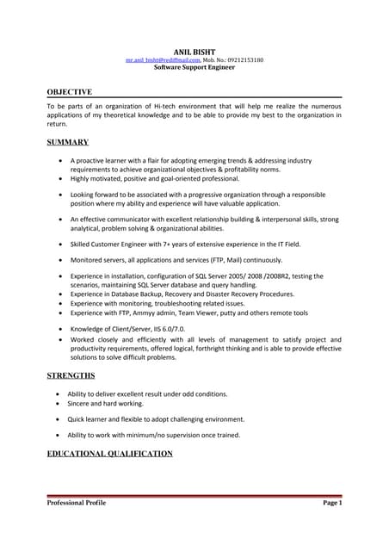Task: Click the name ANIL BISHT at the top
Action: [194, 53]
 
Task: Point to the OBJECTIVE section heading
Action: [69, 91]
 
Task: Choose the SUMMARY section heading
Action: [67, 141]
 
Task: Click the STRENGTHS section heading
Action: [72, 376]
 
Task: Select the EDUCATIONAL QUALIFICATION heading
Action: [109, 453]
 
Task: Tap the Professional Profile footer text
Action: [77, 503]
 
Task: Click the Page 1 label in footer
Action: [332, 503]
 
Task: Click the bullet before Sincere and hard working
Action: [59, 403]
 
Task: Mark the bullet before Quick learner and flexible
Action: [59, 419]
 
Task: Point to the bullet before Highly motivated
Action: [59, 179]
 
